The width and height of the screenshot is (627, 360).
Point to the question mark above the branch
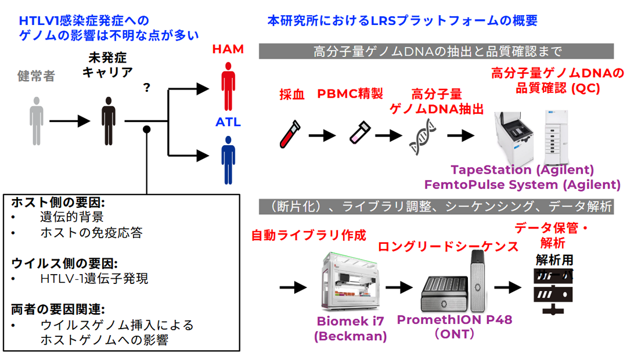point(147,88)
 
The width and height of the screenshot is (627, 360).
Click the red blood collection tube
point(289,135)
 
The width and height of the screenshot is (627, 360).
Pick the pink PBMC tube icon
point(356,134)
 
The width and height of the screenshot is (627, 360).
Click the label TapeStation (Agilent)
point(522,171)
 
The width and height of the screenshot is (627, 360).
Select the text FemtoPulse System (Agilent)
point(522,185)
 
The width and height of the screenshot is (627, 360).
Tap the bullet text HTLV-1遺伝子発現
point(94,279)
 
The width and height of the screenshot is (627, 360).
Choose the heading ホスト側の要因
point(58,203)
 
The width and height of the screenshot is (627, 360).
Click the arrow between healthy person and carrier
point(70,121)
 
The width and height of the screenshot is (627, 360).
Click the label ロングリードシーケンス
point(448,246)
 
